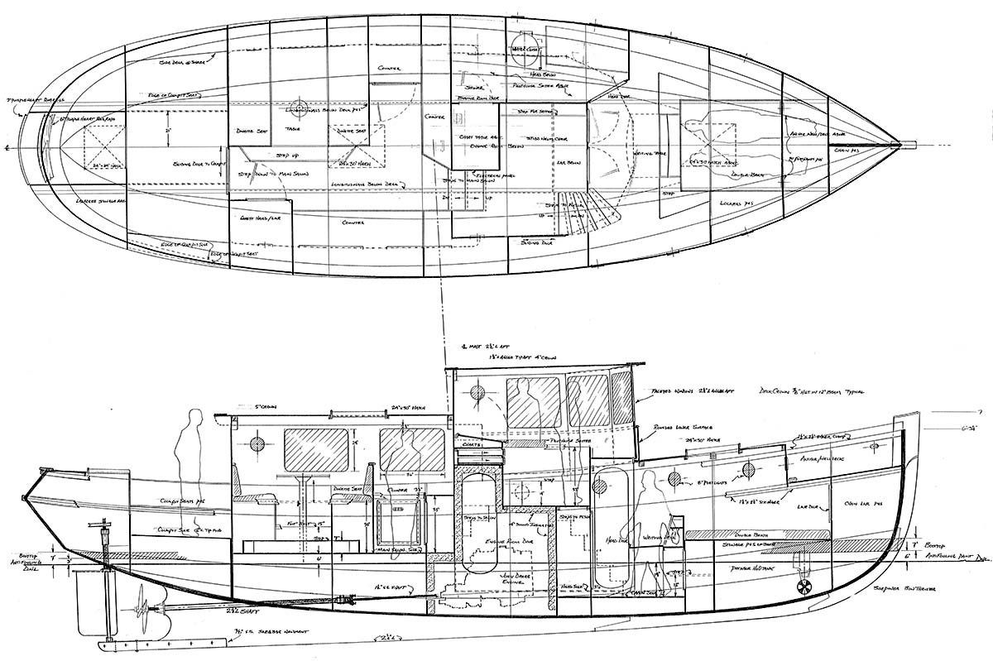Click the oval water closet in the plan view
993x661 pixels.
(526, 45)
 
